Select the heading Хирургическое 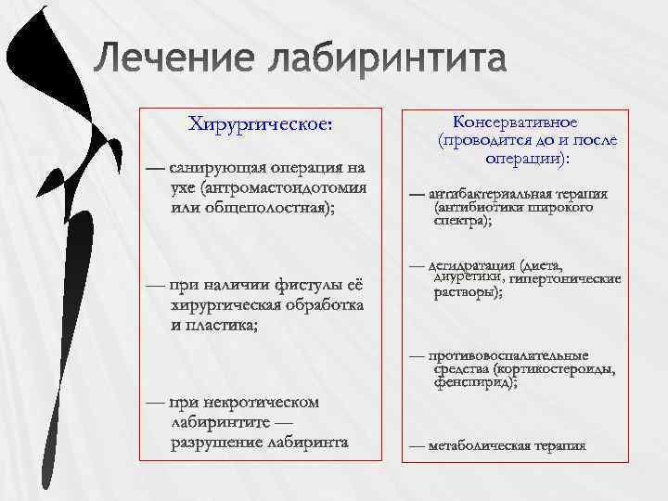pyautogui.click(x=260, y=123)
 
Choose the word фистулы pyautogui.click(x=305, y=283)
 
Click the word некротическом pyautogui.click(x=261, y=403)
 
